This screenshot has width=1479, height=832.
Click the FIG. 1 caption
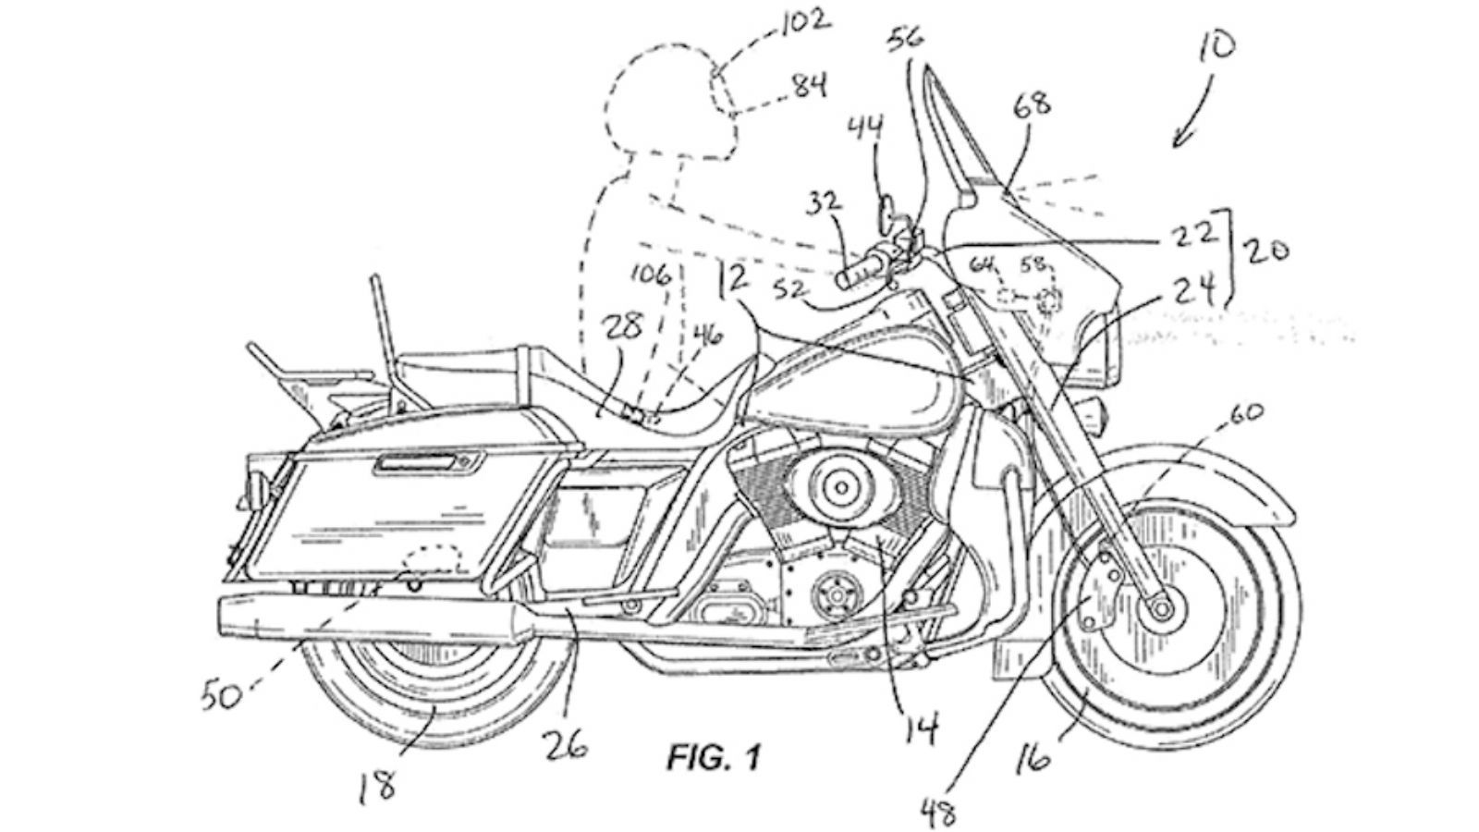[x=713, y=759]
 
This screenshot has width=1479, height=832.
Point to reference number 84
[x=809, y=87]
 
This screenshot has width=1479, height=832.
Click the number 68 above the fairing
[x=1032, y=103]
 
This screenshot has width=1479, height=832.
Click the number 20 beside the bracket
[x=1266, y=251]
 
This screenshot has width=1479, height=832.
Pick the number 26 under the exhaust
[x=566, y=740]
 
